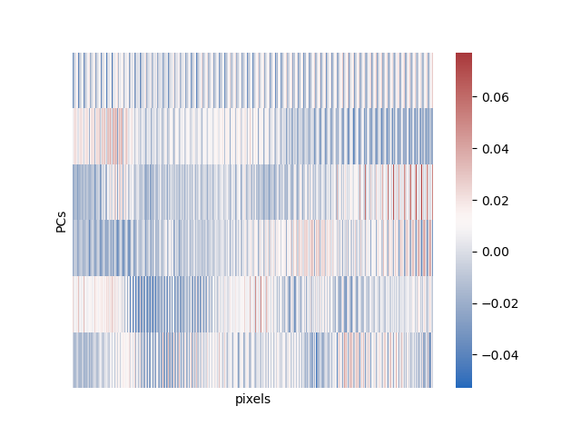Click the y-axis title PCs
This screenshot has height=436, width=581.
[x=61, y=221]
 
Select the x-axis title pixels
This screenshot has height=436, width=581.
[x=252, y=399]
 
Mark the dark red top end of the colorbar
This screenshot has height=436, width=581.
[x=464, y=56]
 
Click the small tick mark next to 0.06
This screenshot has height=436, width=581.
[x=475, y=97]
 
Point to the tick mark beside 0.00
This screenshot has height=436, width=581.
[x=475, y=252]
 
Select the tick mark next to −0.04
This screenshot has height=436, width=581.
[x=475, y=355]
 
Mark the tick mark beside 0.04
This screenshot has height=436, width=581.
[x=475, y=149]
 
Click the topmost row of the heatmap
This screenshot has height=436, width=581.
[x=252, y=81]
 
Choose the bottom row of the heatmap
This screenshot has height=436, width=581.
[x=252, y=360]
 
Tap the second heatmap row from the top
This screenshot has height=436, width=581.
[x=252, y=136]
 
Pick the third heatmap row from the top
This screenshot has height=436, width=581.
[x=252, y=193]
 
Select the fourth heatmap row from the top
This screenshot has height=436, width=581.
[x=252, y=248]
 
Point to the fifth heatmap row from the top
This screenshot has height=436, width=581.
[x=252, y=304]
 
